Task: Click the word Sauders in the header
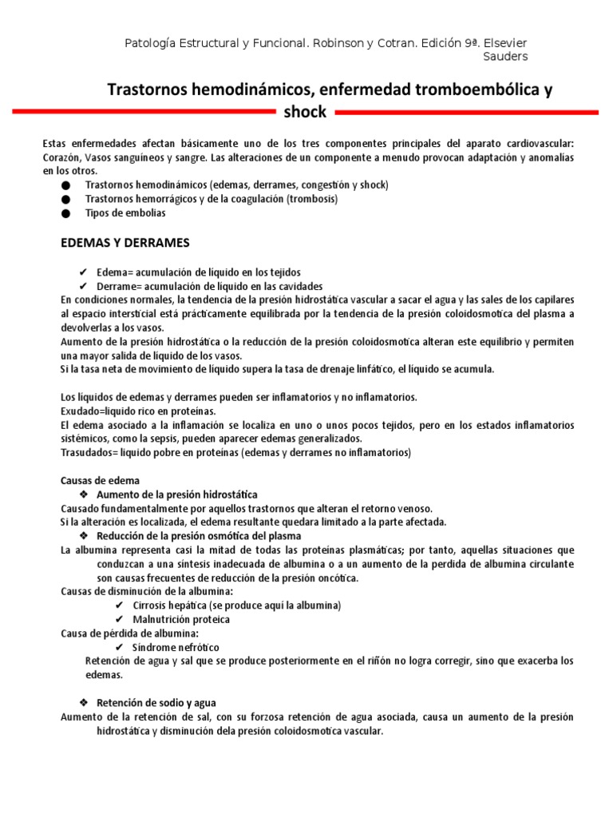(x=505, y=56)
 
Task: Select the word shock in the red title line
(x=305, y=112)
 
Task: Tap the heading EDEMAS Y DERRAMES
(x=125, y=242)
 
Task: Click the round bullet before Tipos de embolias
(x=65, y=213)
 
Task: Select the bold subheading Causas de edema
(x=101, y=481)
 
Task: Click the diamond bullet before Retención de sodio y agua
(x=83, y=702)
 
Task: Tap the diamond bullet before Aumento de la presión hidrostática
(x=83, y=495)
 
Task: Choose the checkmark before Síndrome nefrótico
(x=119, y=647)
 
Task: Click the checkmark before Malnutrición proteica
(x=119, y=619)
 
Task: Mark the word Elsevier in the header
(x=504, y=42)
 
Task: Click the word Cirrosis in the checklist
(x=153, y=606)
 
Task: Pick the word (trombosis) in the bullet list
(x=312, y=199)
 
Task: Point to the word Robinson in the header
(x=338, y=42)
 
